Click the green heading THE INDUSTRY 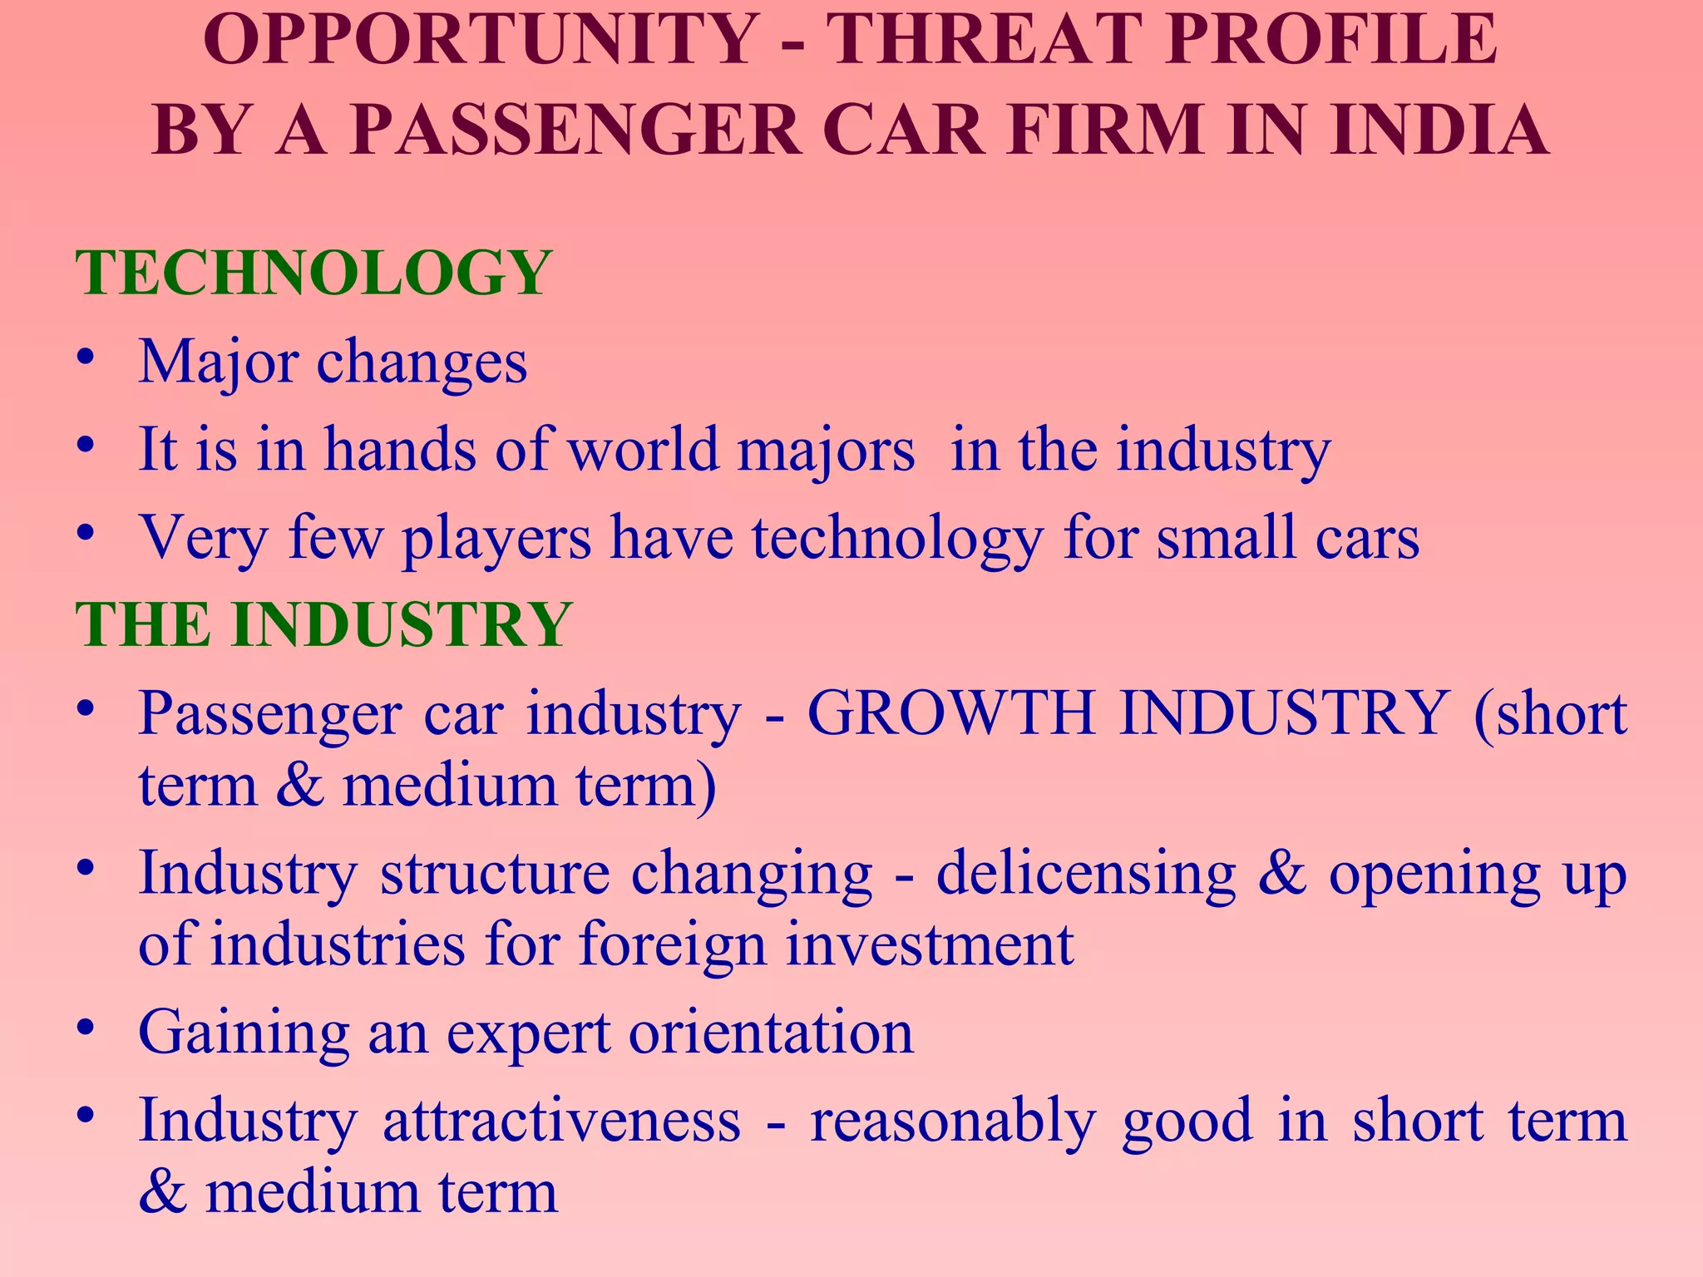[x=323, y=624]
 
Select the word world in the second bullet [x=643, y=449]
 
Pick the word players [x=496, y=539]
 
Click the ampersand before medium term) [x=299, y=784]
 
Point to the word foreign [x=672, y=945]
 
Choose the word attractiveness [x=561, y=1120]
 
